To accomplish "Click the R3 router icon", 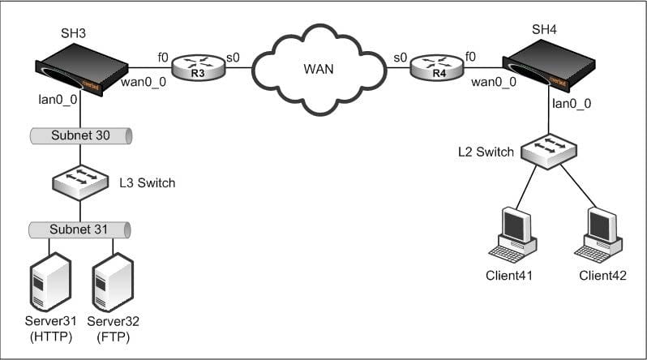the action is click(199, 67).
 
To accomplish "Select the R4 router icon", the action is click(437, 67).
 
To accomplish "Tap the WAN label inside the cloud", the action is click(319, 69).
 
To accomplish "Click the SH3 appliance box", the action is click(82, 70).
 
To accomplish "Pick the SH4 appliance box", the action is click(549, 66).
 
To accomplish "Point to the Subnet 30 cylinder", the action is click(81, 136).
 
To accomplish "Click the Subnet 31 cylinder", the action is click(79, 230).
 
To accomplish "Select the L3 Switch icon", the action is click(80, 182).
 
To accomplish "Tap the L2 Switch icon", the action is click(549, 151).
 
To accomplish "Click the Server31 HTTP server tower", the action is click(51, 282).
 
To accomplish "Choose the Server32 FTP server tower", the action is click(113, 282).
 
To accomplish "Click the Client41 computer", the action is click(513, 235).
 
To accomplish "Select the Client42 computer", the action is click(598, 235).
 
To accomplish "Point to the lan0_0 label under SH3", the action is click(58, 100).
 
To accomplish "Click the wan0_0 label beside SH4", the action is click(494, 82).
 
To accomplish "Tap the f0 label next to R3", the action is click(163, 58).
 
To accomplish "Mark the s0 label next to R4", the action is click(401, 58).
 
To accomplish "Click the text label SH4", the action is click(544, 30).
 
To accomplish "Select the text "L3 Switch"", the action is click(148, 183).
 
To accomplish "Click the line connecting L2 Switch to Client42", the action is click(577, 186).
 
